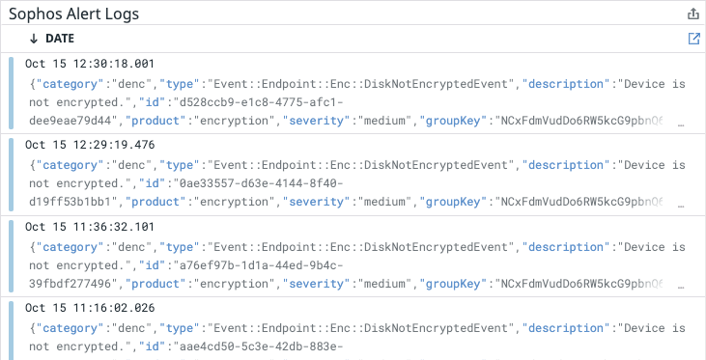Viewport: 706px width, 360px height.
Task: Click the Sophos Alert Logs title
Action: (73, 14)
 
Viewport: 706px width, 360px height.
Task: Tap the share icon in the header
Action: (692, 14)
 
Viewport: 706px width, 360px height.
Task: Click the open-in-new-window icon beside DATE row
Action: (692, 39)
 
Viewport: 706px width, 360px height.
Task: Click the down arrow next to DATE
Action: (34, 39)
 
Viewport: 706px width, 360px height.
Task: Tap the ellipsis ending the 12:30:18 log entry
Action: (682, 124)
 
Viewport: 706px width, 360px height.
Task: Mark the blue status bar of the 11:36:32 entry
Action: (11, 256)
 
